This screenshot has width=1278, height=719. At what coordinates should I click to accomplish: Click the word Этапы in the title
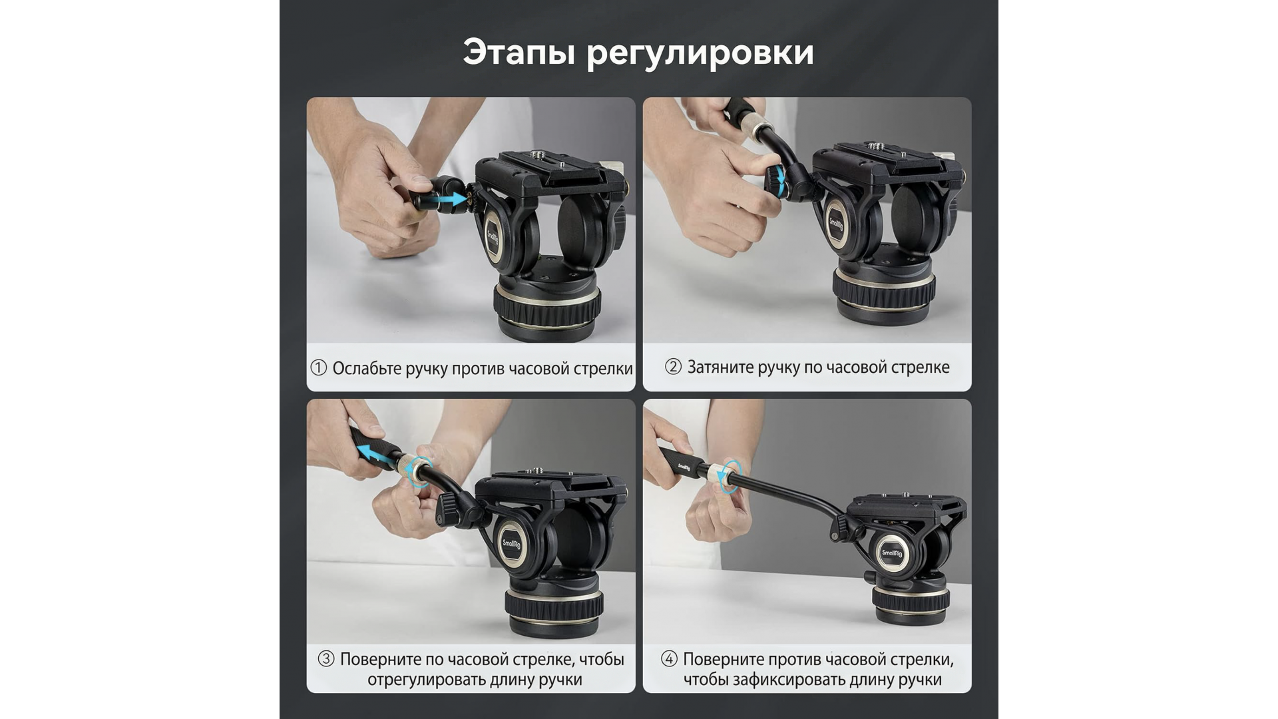point(519,52)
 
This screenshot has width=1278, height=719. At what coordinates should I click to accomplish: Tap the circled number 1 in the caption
point(319,367)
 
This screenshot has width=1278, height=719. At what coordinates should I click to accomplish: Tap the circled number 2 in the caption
point(673,367)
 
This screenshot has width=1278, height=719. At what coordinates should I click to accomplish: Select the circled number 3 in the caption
point(325,659)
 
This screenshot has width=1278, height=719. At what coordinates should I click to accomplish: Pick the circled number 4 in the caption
point(669,659)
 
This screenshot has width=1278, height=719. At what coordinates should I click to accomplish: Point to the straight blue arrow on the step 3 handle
point(375,455)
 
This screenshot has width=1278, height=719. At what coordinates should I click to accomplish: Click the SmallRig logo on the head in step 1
point(493,236)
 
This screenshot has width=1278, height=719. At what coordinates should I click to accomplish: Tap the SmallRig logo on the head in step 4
point(891,553)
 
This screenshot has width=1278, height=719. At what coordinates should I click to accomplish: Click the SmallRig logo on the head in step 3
point(512,545)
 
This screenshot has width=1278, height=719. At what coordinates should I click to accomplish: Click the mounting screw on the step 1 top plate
point(534,155)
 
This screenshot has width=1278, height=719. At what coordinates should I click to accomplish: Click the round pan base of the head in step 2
point(883,293)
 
